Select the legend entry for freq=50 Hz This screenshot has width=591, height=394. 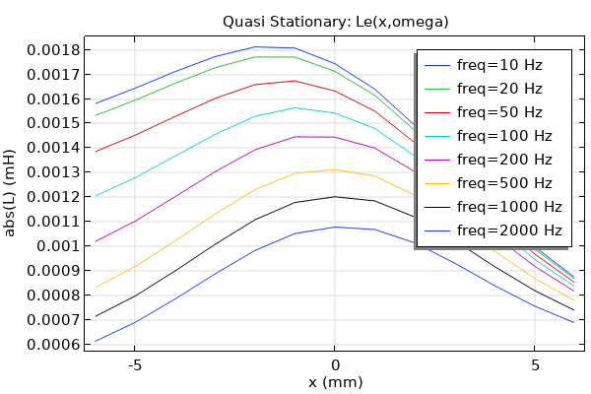click(x=499, y=112)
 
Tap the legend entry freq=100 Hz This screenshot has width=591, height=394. click(x=503, y=136)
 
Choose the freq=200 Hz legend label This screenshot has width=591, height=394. click(x=503, y=160)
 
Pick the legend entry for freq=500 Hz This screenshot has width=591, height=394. click(x=503, y=183)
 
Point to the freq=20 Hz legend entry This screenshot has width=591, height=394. click(x=499, y=89)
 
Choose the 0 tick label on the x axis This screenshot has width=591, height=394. click(x=335, y=362)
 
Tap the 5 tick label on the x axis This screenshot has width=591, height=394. click(x=535, y=362)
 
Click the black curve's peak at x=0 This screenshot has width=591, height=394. click(x=335, y=196)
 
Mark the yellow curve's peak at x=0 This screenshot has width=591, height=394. click(x=335, y=169)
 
